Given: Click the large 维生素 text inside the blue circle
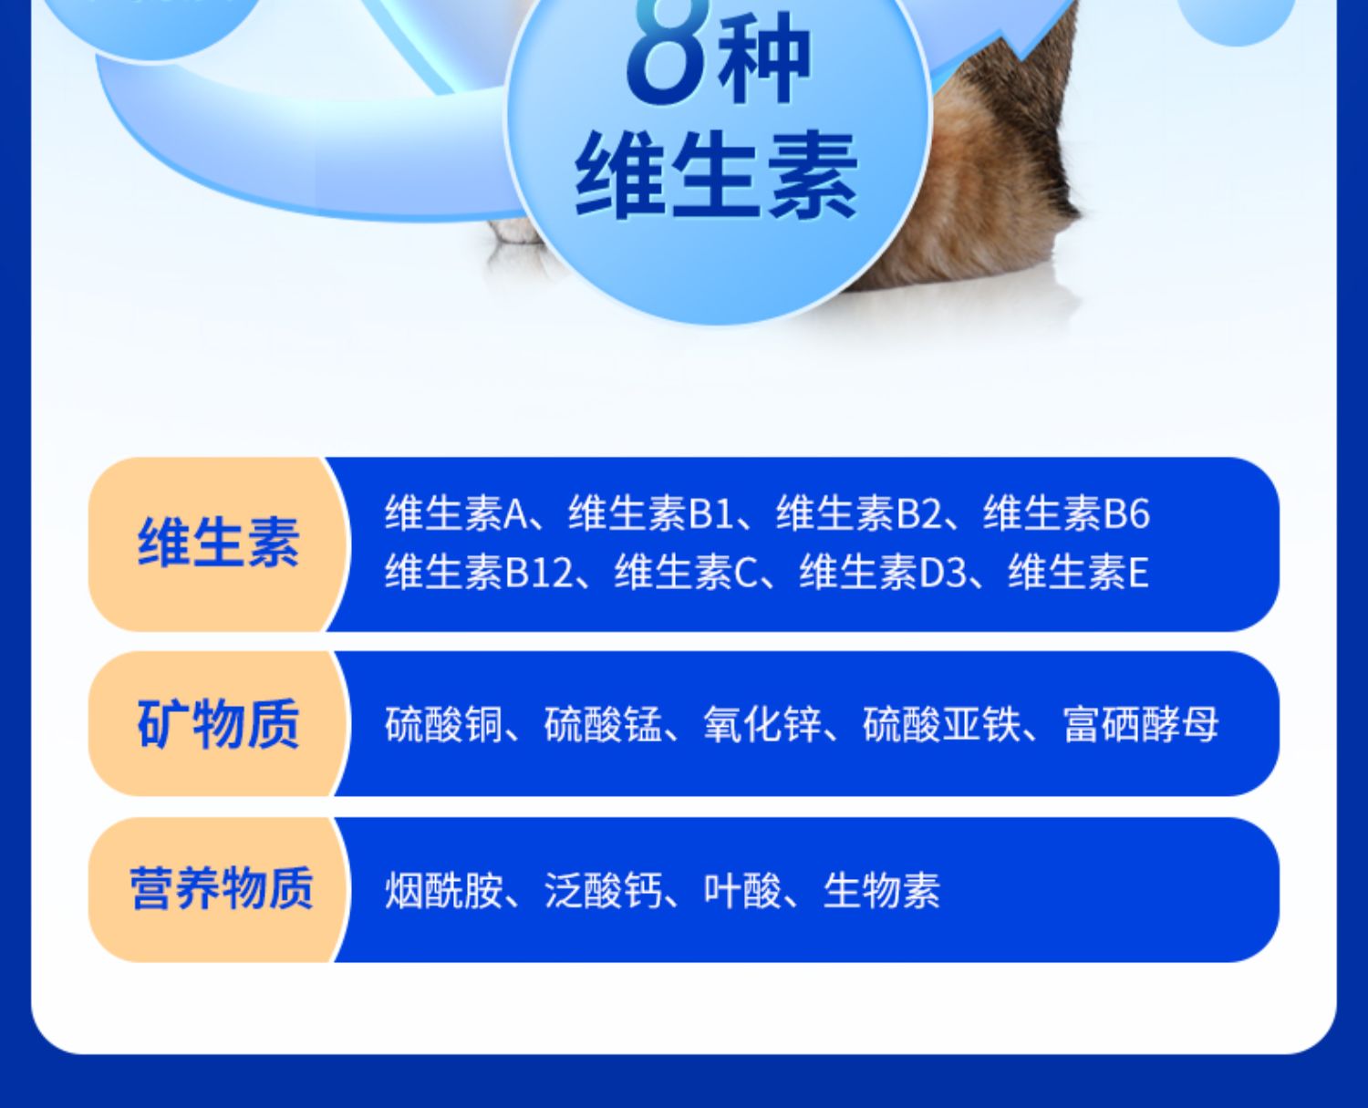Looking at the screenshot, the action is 717,175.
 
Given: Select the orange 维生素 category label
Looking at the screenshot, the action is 218,543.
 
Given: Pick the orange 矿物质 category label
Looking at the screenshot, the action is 218,724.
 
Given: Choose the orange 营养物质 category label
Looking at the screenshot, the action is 222,888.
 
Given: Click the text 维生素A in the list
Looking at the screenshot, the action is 456,513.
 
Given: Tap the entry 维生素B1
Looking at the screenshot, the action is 651,513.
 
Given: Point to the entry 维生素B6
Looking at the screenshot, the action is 1066,513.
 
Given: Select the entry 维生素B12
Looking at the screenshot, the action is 479,572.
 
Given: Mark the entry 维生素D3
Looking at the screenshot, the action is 883,572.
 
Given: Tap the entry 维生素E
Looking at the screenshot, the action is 1078,572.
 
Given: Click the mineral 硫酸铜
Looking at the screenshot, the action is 444,724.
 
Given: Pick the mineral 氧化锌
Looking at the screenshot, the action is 762,724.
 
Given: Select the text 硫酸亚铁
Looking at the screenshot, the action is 941,724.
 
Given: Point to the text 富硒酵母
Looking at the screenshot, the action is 1141,724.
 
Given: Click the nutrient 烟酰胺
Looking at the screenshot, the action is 444,890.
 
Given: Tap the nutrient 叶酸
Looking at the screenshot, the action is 742,890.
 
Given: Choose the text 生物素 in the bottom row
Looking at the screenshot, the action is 882,890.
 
